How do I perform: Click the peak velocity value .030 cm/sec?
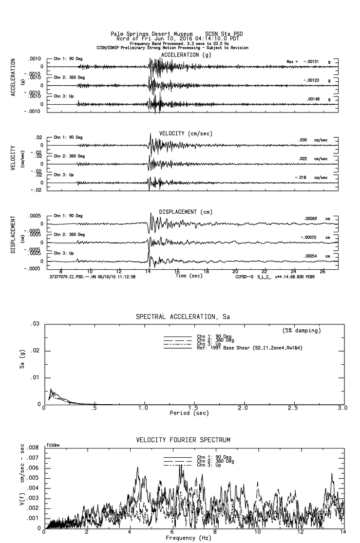pos(303,140)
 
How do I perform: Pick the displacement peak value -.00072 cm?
pos(310,237)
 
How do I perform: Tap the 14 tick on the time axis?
pos(148,272)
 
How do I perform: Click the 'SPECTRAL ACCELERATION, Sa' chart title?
pos(183,317)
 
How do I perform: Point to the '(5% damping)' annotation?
pos(302,331)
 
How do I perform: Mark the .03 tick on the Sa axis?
pos(35,324)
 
